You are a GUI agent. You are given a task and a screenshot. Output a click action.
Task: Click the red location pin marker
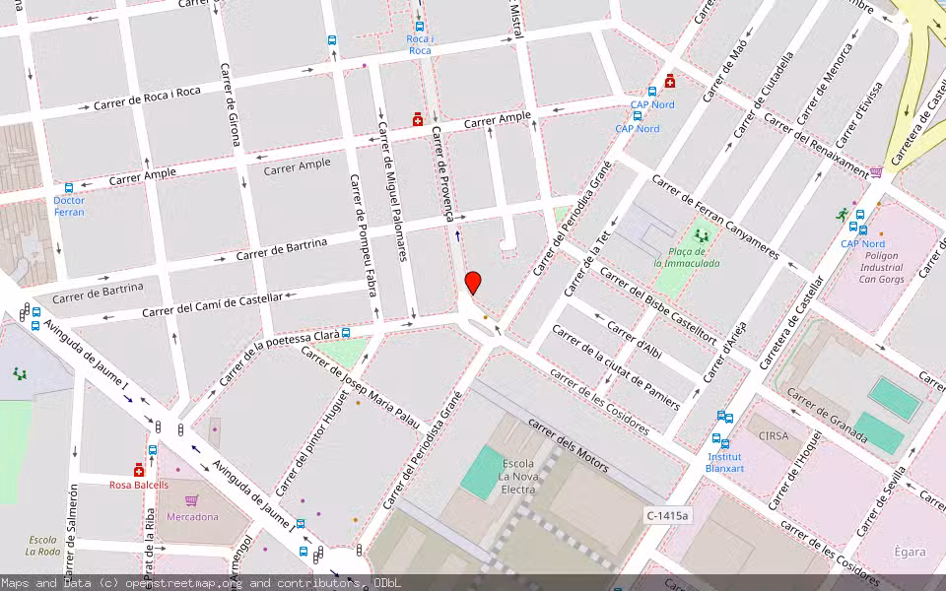tap(473, 283)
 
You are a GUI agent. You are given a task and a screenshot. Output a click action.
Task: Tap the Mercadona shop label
tap(191, 516)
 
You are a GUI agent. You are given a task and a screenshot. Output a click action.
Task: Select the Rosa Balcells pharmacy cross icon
tap(139, 470)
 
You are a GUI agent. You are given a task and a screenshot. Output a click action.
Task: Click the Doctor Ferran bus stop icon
tap(69, 188)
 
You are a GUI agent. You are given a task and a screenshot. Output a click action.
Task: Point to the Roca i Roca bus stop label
tap(420, 44)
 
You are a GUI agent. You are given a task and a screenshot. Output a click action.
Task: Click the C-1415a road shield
tap(669, 515)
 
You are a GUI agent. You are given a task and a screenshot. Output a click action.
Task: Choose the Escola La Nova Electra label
tap(518, 476)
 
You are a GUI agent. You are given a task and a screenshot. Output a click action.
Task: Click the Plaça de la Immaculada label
tap(687, 257)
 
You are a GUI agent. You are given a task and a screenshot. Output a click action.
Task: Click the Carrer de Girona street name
tap(230, 104)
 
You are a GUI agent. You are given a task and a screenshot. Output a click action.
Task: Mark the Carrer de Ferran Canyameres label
tap(714, 218)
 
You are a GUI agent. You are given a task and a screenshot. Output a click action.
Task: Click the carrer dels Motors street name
tap(568, 444)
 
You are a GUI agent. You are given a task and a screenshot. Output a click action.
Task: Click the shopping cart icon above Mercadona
tap(191, 500)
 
